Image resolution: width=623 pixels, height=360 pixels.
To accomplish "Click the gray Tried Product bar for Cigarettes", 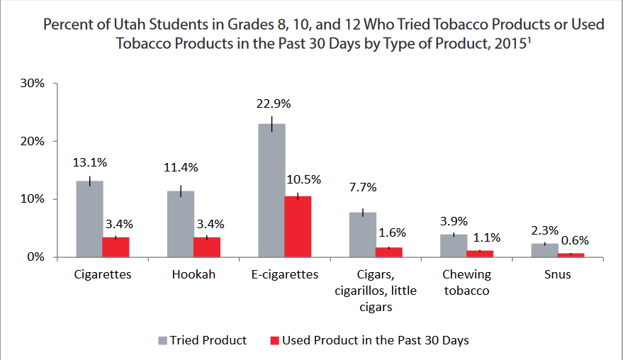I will [90, 219].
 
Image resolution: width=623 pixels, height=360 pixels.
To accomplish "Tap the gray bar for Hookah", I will [181, 224].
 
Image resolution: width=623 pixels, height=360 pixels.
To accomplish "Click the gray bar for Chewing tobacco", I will [453, 246].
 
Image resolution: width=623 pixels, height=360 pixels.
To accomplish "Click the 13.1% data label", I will [90, 162].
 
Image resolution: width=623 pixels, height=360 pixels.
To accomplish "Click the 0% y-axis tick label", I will [36, 257].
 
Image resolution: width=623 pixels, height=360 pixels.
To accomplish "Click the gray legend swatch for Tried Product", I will [161, 341].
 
